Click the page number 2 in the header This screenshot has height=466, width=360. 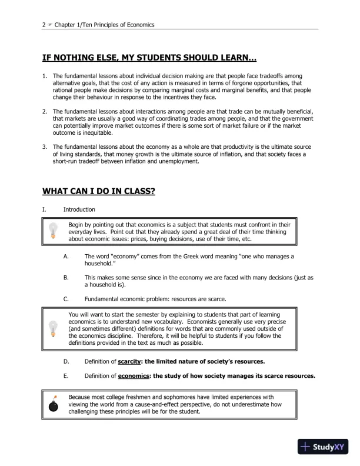pos(44,25)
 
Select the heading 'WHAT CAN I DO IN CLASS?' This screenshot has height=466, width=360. pos(99,191)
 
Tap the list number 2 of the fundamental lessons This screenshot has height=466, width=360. pos(45,111)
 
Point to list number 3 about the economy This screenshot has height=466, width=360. pos(45,146)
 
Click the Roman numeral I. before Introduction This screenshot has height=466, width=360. pos(44,209)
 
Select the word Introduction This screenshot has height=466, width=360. pos(79,209)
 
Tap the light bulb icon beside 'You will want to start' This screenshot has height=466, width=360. pos(54,328)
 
